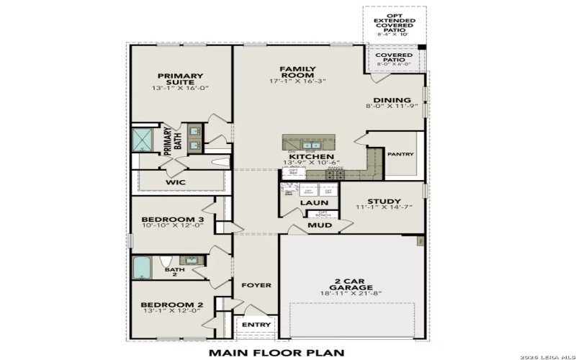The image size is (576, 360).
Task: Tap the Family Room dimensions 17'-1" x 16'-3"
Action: tap(297, 82)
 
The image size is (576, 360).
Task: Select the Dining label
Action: tap(392, 100)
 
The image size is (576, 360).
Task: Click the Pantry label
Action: tap(400, 153)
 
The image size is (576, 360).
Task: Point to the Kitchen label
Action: tap(311, 156)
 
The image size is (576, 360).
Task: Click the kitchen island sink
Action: tap(311, 145)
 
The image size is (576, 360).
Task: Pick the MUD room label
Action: tap(320, 225)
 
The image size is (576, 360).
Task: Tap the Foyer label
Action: tap(256, 285)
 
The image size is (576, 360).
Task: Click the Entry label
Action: tap(256, 325)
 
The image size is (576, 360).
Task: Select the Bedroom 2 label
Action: tap(172, 305)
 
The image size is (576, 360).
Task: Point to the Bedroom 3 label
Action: tap(172, 220)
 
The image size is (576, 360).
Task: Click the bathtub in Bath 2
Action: tap(142, 268)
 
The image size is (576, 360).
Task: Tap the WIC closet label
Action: tap(176, 182)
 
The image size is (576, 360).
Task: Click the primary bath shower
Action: tap(143, 140)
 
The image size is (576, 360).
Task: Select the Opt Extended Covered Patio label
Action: tap(394, 24)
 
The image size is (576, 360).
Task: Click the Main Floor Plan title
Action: tap(276, 353)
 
